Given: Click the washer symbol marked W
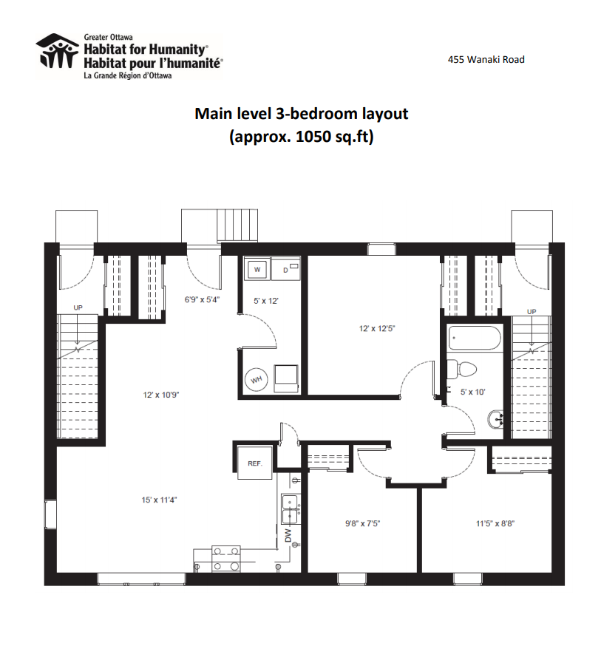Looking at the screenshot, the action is coord(257,270).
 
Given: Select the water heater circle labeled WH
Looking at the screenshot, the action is coord(257,379).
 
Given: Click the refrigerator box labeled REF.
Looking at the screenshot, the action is coord(255,463).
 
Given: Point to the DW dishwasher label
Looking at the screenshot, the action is coord(288,536).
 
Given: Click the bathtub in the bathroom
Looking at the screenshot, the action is coord(475,339).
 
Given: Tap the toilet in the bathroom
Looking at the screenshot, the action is coord(461,369).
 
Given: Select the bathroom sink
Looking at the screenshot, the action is coord(495,420).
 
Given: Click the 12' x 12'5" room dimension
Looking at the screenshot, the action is coord(377,328).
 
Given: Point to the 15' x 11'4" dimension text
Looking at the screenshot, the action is coord(159,500).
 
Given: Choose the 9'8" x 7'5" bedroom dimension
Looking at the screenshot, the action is coord(362,523).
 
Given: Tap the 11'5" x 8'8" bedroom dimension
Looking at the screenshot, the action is coord(495,523).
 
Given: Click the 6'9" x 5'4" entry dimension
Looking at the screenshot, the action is coord(202,299).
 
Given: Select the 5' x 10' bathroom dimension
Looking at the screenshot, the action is coord(473,392).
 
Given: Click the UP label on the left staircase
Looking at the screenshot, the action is coord(78,307).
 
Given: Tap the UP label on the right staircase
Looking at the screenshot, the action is coord(532,311).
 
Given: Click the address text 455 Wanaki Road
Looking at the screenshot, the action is coord(486,59).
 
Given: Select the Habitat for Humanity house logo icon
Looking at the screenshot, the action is coord(57,51).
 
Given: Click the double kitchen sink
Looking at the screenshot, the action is coord(290,509).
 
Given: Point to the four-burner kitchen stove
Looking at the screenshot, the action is coord(225,559).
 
